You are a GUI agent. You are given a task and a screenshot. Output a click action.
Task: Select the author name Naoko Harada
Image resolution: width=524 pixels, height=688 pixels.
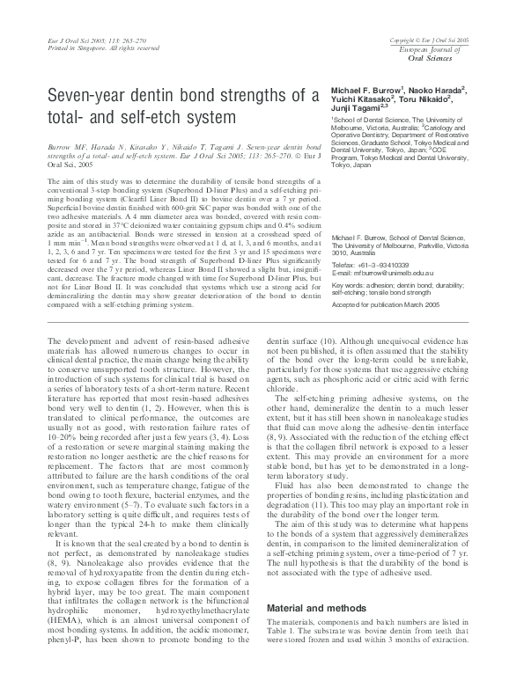click(438, 91)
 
